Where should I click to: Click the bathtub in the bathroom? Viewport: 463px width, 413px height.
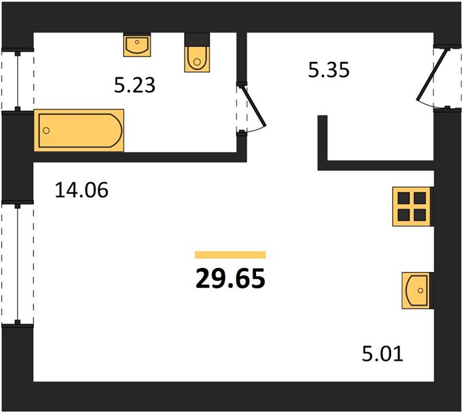click(79, 130)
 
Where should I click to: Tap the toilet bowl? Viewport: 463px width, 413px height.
click(197, 59)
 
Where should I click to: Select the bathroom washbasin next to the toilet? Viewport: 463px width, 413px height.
click(137, 45)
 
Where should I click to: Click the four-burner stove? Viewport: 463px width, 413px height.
click(412, 206)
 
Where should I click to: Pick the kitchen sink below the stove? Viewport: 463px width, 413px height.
click(417, 290)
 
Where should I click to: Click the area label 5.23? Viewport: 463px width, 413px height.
click(135, 85)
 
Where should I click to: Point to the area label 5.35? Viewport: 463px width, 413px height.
click(329, 70)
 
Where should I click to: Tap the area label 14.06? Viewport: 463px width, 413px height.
click(82, 190)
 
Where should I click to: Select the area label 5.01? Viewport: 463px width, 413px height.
click(383, 354)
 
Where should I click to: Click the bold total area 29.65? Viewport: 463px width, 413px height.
click(230, 279)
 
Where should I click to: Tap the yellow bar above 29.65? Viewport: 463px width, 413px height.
click(230, 255)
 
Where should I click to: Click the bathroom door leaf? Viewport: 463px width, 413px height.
click(255, 107)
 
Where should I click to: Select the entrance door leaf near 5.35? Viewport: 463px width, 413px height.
click(433, 74)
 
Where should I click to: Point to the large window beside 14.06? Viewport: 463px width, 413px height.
click(18, 263)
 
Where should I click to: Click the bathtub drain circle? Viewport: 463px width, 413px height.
click(46, 130)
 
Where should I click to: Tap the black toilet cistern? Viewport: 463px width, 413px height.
click(197, 39)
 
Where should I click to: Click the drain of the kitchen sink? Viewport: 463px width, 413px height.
click(420, 290)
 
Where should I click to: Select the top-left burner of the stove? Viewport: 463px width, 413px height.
click(403, 198)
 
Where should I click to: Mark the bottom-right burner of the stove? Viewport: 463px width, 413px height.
click(420, 215)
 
